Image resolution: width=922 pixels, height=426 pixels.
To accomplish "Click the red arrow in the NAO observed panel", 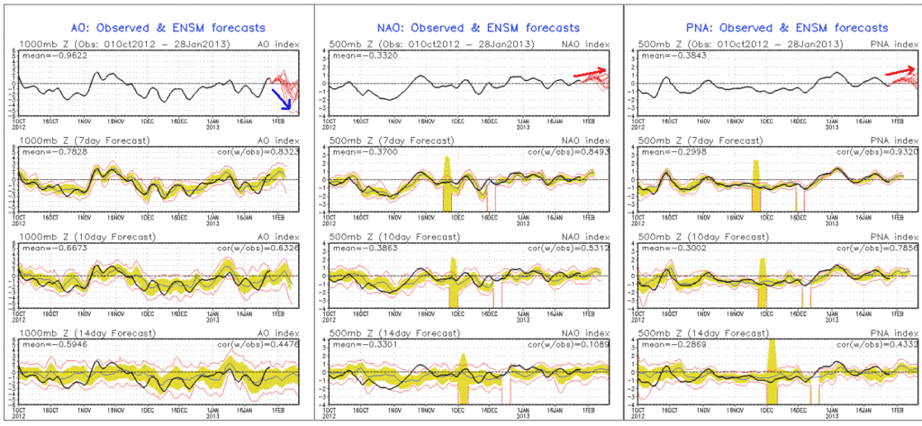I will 592,74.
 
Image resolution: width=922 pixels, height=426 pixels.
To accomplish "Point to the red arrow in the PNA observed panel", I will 901,71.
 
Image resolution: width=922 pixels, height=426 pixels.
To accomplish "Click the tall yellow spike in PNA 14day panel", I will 771,360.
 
